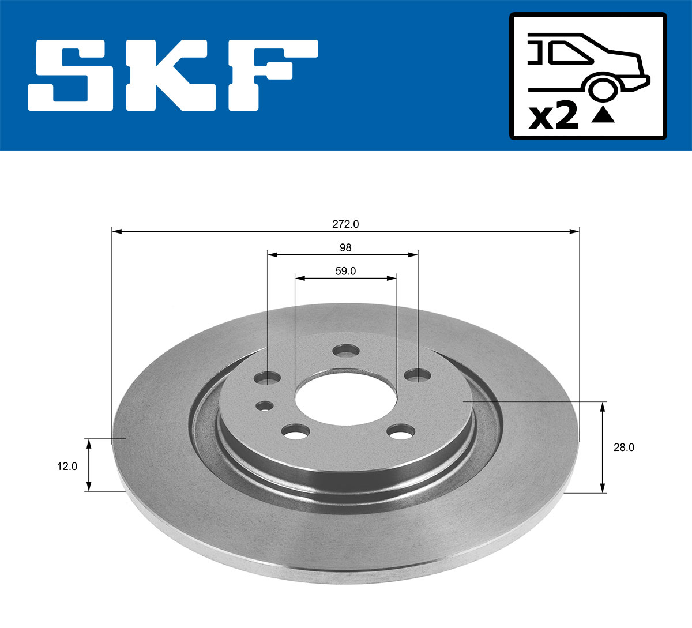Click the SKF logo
[x=173, y=75]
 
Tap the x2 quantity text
[x=554, y=117]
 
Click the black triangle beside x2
[x=603, y=115]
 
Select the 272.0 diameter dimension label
[x=345, y=223]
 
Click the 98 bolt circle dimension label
[x=345, y=247]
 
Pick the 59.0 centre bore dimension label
[x=345, y=271]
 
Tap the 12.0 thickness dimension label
[x=67, y=466]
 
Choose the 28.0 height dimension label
[x=623, y=447]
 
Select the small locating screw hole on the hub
[x=265, y=405]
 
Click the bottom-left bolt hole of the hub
[x=296, y=431]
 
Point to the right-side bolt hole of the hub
[x=418, y=375]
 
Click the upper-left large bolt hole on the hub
[x=267, y=378]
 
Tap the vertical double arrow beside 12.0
[x=89, y=465]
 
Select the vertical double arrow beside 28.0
[x=603, y=448]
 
